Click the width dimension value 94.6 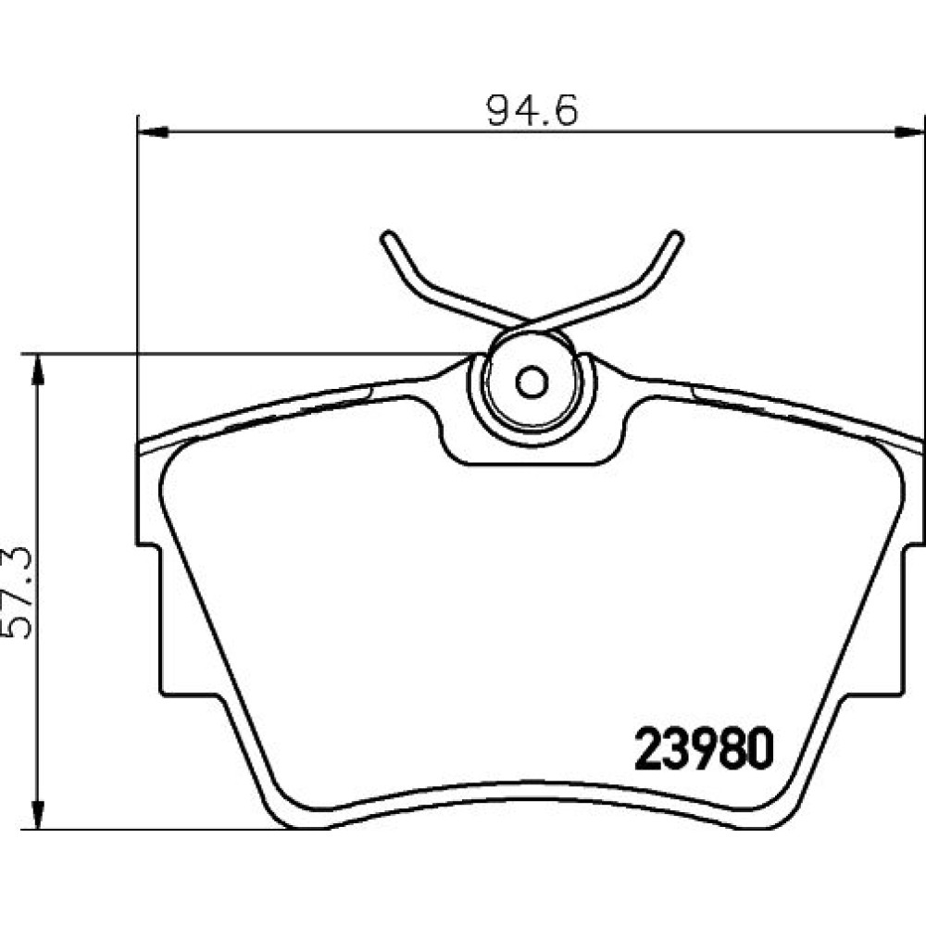pyautogui.click(x=532, y=110)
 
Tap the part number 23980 pyautogui.click(x=704, y=748)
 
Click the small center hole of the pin pyautogui.click(x=532, y=382)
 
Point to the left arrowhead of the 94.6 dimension pyautogui.click(x=153, y=132)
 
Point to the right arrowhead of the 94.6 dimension pyautogui.click(x=909, y=132)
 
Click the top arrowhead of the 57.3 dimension pyautogui.click(x=38, y=369)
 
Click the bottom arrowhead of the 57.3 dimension pyautogui.click(x=38, y=814)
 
